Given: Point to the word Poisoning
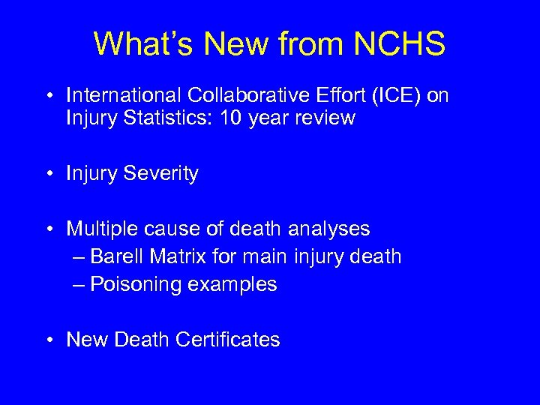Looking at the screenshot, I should [x=137, y=285].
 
